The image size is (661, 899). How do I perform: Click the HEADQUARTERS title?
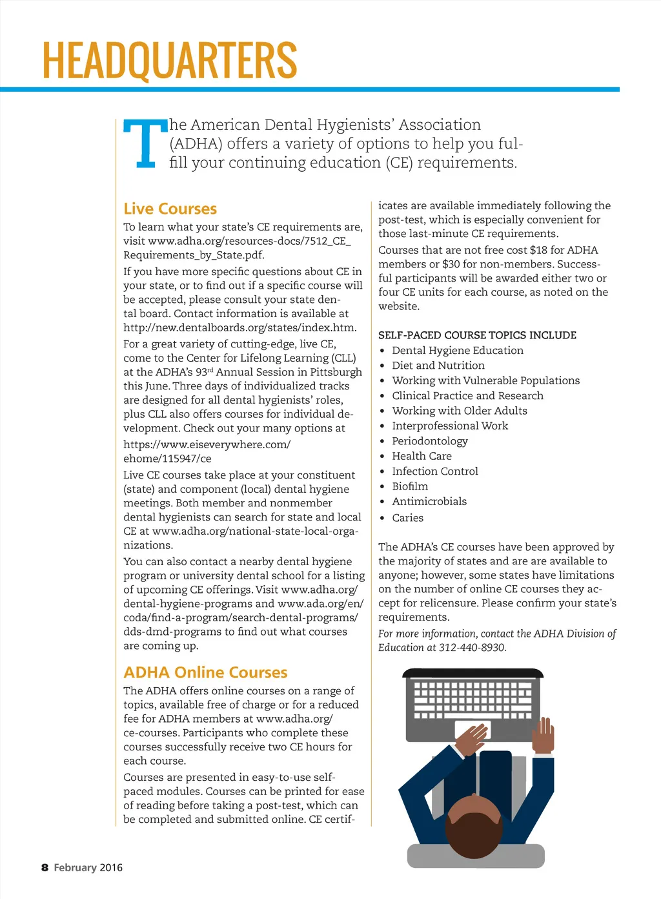[170, 60]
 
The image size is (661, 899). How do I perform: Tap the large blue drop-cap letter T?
[146, 143]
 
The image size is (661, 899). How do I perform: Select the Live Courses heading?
[170, 209]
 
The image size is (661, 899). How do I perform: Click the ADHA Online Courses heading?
[205, 672]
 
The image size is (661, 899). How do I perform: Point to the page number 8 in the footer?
[45, 867]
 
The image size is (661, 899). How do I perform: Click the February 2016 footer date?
[88, 867]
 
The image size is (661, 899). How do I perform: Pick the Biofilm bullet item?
[410, 486]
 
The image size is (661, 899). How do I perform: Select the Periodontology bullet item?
[429, 441]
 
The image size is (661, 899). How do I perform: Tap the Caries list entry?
[407, 518]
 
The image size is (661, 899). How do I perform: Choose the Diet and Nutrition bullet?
[438, 366]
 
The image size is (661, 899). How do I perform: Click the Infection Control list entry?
[434, 471]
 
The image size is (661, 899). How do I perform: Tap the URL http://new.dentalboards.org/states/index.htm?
[239, 327]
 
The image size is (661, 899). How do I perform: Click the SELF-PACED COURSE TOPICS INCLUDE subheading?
[477, 335]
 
